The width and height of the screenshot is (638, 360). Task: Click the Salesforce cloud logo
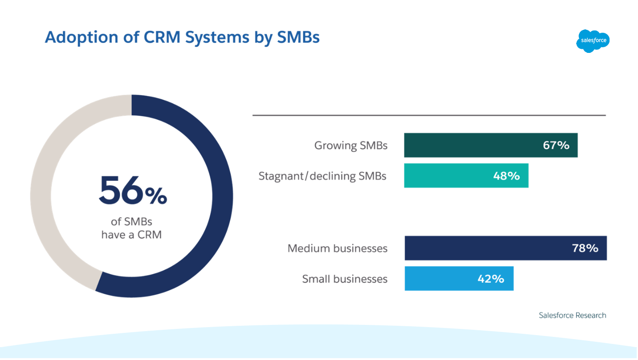593,41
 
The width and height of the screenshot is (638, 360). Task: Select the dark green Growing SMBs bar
471,145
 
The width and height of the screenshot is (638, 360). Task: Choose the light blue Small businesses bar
440,279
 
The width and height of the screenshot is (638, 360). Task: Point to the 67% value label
556,145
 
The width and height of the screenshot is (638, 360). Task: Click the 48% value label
506,176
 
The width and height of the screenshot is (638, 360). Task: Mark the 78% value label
585,248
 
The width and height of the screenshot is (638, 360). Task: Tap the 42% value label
491,279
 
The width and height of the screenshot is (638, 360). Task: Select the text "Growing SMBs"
351,145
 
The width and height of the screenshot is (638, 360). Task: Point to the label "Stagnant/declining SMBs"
322,176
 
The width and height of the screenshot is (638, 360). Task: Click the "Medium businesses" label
337,248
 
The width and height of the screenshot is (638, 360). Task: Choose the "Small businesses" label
345,279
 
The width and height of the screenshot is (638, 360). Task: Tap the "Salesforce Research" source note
572,315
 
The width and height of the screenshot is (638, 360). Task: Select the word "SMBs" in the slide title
298,37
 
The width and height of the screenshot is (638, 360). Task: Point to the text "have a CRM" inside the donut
132,234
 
